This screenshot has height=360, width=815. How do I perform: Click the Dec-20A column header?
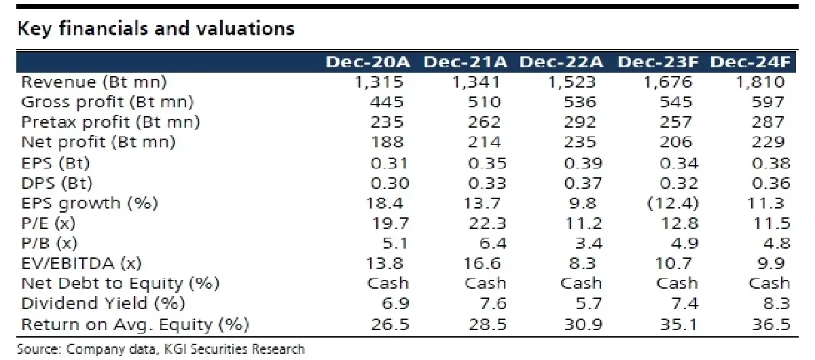coord(368,62)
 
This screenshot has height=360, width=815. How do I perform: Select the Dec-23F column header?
coord(658,62)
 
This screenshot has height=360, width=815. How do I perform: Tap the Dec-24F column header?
coord(750,62)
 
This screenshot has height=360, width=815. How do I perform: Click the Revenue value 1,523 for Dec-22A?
coord(572,82)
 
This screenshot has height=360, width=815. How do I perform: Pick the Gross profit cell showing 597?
coord(768,102)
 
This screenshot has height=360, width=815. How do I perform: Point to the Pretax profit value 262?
coord(484,122)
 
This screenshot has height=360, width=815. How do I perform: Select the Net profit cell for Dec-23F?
coord(676,142)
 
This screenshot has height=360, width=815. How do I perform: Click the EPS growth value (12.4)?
coord(673,203)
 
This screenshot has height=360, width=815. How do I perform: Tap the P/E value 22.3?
coord(488,223)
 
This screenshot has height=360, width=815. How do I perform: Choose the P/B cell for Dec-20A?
coord(395,243)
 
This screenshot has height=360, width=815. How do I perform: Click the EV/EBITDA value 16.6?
coord(482,263)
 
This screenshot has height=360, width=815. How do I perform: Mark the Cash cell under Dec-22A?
coord(581,283)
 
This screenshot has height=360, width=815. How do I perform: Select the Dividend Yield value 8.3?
coord(777,303)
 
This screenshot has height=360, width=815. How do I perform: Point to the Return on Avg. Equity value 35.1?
coord(678,324)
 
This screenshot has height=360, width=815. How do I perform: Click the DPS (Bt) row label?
coord(57,183)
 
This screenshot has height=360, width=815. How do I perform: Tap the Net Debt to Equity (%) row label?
coord(120,283)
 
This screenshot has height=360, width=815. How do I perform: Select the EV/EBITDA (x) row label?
coord(81,263)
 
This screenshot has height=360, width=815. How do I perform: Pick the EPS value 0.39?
coord(583,163)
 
